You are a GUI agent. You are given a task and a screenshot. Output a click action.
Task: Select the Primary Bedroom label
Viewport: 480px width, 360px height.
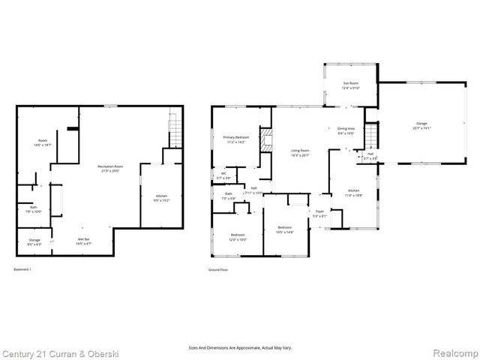tap(235, 139)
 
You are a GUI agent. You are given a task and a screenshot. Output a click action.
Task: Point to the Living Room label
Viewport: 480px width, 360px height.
tap(300, 152)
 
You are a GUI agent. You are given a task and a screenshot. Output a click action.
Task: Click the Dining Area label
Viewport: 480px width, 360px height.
tap(345, 131)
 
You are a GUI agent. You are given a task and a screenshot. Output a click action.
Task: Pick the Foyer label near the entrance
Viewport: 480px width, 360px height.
tap(319, 214)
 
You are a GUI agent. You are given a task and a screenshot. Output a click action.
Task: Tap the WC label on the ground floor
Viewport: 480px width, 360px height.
tap(223, 175)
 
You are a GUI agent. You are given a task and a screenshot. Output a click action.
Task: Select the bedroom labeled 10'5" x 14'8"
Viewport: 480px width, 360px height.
tap(285, 229)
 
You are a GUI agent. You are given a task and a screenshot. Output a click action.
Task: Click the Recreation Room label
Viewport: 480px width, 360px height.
tap(110, 168)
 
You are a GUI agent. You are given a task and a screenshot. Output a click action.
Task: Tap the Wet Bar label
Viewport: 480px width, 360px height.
tap(84, 241)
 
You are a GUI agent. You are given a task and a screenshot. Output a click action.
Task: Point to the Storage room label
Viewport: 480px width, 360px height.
tap(35, 241)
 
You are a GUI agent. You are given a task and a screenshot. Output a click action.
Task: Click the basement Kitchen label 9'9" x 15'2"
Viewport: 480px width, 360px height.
tap(161, 198)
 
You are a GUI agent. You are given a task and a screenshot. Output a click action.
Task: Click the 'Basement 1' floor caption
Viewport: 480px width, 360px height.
tap(25, 268)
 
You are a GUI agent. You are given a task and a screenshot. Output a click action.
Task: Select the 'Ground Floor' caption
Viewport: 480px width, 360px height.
tap(219, 268)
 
